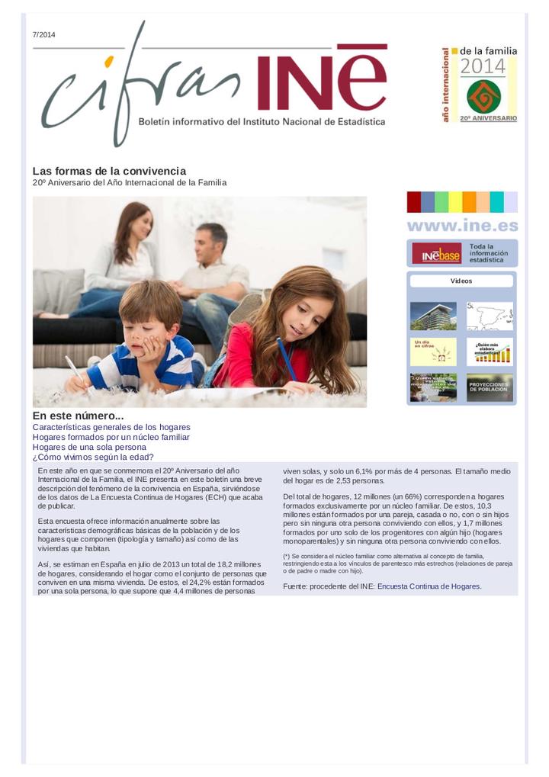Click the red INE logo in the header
(321, 78)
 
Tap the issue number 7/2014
(43, 35)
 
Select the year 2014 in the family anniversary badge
(483, 67)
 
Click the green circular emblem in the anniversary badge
(483, 97)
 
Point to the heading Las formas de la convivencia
(109, 171)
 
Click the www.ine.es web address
(462, 226)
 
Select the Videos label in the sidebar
(461, 281)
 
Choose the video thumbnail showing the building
(433, 316)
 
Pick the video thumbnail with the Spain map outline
(490, 316)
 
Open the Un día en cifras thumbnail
(433, 352)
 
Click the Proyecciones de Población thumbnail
(490, 387)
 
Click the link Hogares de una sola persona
(89, 447)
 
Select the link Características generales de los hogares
(111, 427)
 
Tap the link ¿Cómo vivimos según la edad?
(93, 457)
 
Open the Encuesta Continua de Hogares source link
(429, 586)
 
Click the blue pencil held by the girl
(287, 359)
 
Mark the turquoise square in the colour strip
(496, 202)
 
